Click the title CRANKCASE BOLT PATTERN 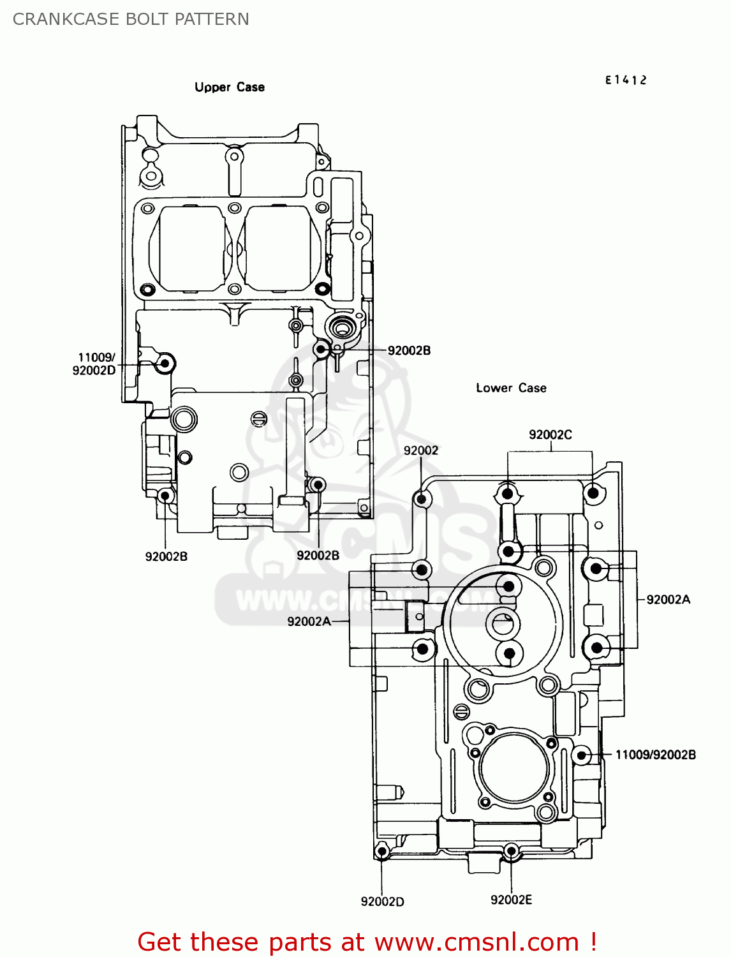click(131, 19)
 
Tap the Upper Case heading click(230, 87)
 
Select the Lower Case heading click(511, 388)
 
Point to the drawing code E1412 click(626, 80)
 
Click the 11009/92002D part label click(94, 364)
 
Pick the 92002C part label click(550, 434)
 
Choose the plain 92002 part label click(421, 450)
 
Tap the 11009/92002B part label click(655, 755)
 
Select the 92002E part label click(511, 900)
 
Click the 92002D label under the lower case click(382, 901)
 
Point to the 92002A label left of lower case click(309, 621)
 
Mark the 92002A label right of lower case click(668, 599)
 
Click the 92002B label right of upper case click(409, 350)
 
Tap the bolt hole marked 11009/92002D click(165, 364)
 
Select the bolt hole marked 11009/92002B click(581, 755)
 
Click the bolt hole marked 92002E click(511, 850)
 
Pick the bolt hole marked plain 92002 click(420, 498)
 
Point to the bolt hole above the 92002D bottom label click(382, 850)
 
